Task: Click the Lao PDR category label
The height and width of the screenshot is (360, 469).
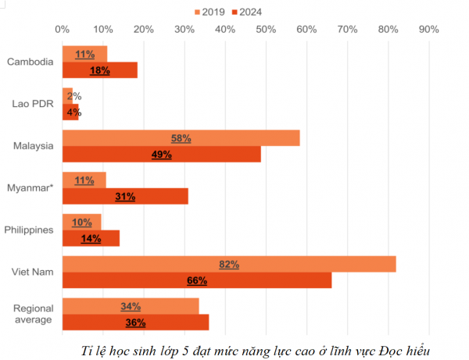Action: [x=32, y=103]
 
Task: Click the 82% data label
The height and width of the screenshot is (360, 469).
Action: [x=229, y=265]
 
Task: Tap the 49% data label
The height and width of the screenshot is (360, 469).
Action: [x=162, y=155]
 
